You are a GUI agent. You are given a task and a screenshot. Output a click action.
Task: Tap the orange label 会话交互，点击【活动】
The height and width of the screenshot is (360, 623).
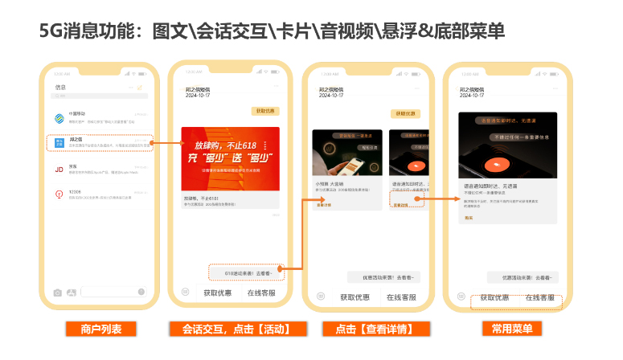[229, 329]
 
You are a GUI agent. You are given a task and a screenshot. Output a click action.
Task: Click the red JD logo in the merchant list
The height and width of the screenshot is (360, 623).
[59, 170]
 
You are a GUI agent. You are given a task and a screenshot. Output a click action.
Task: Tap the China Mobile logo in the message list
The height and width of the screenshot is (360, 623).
[59, 118]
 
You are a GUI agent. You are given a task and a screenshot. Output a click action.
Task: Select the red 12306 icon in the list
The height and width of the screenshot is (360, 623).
[59, 194]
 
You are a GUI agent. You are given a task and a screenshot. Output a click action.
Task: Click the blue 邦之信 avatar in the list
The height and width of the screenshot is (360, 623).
[59, 143]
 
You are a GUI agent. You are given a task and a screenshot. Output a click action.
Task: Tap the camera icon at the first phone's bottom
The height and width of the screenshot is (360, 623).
[57, 292]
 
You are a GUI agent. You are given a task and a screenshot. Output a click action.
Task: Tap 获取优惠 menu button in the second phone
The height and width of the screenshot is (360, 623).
[219, 293]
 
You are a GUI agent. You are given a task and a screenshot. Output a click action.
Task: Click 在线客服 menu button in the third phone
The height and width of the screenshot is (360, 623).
[401, 297]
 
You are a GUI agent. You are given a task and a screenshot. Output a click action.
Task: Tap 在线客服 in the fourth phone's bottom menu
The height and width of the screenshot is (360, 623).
[540, 297]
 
